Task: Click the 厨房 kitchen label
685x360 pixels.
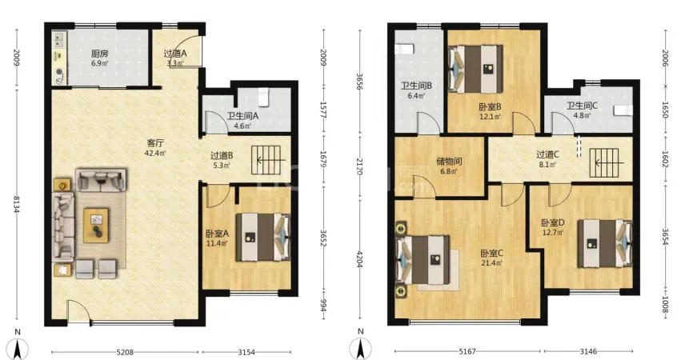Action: coord(99,54)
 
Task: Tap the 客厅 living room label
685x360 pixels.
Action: coord(155,143)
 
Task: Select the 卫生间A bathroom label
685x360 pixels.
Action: coord(242,116)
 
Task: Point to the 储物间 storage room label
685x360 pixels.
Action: coord(449,162)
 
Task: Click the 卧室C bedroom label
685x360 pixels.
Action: coord(492,254)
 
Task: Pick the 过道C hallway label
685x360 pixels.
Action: coord(548,154)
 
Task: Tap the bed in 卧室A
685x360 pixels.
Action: coord(263,238)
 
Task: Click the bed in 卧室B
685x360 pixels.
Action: coord(475,69)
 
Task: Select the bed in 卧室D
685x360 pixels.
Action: coord(605,243)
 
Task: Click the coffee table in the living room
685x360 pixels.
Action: coord(96,226)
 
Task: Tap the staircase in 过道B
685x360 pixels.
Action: coord(266,160)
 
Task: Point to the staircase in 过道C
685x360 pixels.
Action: coord(604,163)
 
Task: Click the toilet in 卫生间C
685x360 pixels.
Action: coord(623,110)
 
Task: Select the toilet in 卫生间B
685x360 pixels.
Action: coord(404,49)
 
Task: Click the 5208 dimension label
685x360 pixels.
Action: coord(125,352)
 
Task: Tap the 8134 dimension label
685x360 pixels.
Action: coord(17,204)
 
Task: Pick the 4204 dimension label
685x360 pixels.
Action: coord(360,259)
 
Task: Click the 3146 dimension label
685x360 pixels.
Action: coord(588,351)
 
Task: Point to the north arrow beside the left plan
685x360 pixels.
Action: coord(18,346)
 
